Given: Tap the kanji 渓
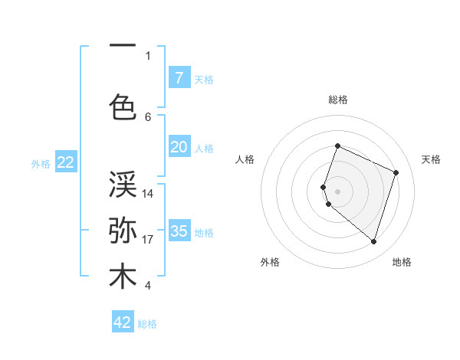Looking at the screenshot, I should pyautogui.click(x=123, y=184).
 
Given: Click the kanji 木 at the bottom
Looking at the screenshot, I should pyautogui.click(x=123, y=277).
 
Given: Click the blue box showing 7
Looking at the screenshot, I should pyautogui.click(x=179, y=78).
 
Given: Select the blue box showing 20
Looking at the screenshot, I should pyautogui.click(x=179, y=147).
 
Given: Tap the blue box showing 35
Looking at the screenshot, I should pyautogui.click(x=179, y=231).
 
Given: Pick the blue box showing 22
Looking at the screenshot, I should pyautogui.click(x=65, y=162).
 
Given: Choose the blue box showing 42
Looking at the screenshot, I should pyautogui.click(x=123, y=322).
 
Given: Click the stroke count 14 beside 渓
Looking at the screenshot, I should pyautogui.click(x=148, y=194).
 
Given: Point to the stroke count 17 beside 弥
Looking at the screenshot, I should pyautogui.click(x=148, y=240).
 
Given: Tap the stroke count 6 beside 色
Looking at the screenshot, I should pyautogui.click(x=148, y=117).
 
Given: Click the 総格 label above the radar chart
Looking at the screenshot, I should pyautogui.click(x=338, y=100).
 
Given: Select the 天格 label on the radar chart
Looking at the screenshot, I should pyautogui.click(x=431, y=159).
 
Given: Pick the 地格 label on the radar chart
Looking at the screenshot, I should pyautogui.click(x=402, y=262).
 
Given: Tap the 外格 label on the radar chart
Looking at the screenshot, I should pyautogui.click(x=270, y=262).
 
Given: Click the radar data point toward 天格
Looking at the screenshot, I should pyautogui.click(x=396, y=172).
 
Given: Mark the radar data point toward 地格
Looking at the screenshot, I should pyautogui.click(x=373, y=242).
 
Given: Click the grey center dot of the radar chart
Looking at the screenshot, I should pyautogui.click(x=338, y=191).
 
